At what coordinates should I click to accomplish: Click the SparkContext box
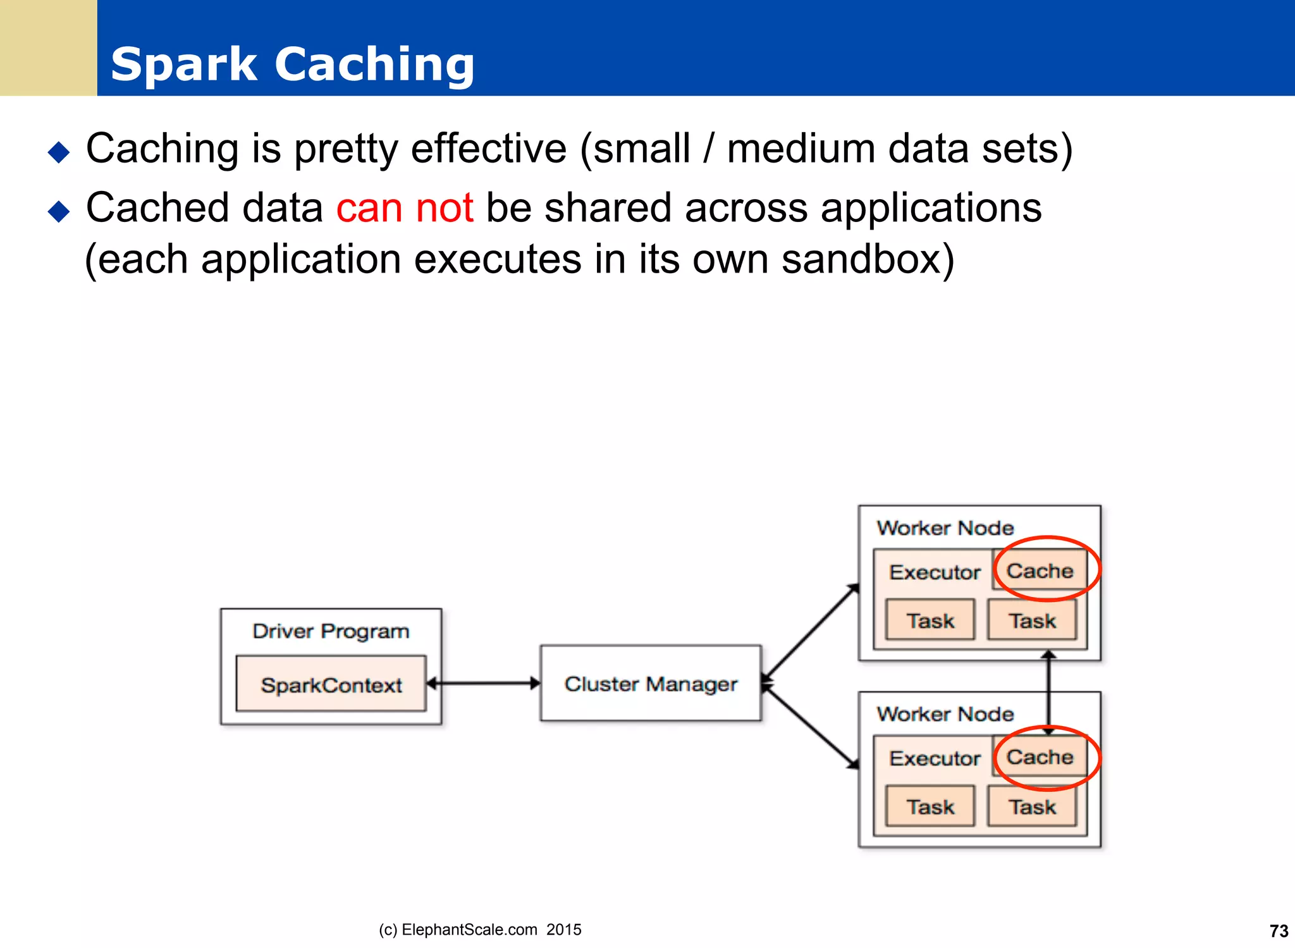(331, 684)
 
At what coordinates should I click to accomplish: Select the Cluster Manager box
(651, 683)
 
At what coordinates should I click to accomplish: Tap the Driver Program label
(331, 631)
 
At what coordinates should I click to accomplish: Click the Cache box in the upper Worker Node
(1040, 570)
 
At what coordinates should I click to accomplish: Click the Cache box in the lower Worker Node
(1040, 756)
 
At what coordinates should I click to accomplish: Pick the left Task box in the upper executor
(930, 620)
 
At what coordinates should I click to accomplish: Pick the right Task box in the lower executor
(1032, 806)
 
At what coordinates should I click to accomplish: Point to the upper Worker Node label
(945, 527)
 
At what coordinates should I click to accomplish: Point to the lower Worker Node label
(945, 713)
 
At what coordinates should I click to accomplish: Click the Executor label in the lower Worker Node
(935, 758)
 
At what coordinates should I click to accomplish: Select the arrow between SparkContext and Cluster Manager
(484, 683)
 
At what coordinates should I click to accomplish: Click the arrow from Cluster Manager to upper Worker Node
(811, 632)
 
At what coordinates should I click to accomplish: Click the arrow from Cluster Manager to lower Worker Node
(811, 727)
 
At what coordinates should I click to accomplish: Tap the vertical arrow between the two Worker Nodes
(1048, 693)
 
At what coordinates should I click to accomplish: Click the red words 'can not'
(405, 207)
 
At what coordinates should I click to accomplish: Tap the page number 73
(1279, 931)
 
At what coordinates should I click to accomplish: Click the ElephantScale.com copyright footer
(480, 929)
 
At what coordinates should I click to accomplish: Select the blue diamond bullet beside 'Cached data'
(59, 211)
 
